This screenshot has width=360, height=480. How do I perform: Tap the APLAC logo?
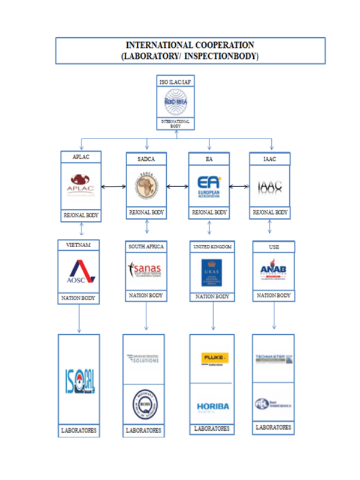pyautogui.click(x=80, y=185)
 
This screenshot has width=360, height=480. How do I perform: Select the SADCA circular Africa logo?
pyautogui.click(x=146, y=187)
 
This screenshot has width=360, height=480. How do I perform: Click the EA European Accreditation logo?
pyautogui.click(x=209, y=187)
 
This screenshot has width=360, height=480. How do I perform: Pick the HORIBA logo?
pyautogui.click(x=212, y=407)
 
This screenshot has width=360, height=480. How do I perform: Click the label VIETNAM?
pyautogui.click(x=78, y=245)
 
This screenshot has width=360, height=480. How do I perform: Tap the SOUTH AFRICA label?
pyautogui.click(x=146, y=247)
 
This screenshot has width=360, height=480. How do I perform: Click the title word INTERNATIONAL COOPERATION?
pyautogui.click(x=190, y=45)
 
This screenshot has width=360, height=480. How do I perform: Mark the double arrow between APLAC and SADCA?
pyautogui.click(x=113, y=188)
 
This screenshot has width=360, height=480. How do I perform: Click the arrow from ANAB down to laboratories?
pyautogui.click(x=274, y=316)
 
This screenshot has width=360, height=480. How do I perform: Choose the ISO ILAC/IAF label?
pyautogui.click(x=175, y=81)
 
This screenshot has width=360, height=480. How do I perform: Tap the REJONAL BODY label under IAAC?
pyautogui.click(x=271, y=212)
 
